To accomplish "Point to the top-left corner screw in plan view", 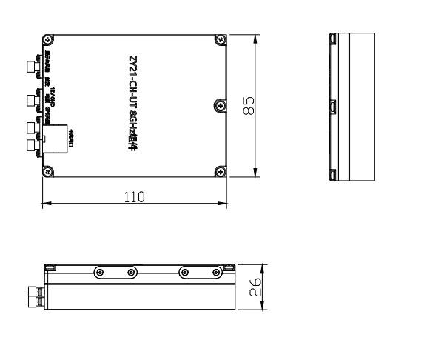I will click(x=48, y=39).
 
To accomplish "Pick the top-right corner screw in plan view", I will click(x=219, y=39).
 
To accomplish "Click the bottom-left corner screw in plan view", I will click(x=48, y=173).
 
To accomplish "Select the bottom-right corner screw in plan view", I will click(x=219, y=173).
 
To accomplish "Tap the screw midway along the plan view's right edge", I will click(x=219, y=106).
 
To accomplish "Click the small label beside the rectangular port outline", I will click(x=70, y=139).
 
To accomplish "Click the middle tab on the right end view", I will click(x=333, y=106).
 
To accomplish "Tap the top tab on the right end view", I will click(x=333, y=39).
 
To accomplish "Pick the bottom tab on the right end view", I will click(x=333, y=174).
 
